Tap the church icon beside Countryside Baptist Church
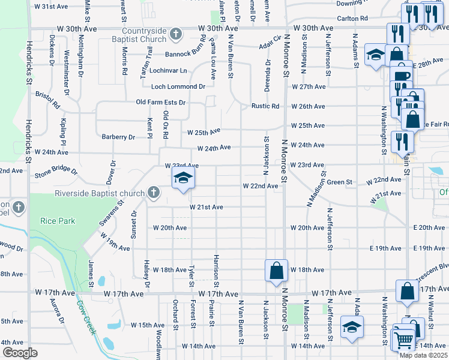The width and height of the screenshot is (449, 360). click(175, 34)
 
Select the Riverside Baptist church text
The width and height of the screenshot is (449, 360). click(99, 193)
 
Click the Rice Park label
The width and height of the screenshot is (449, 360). click(58, 221)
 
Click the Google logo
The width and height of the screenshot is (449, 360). click(20, 353)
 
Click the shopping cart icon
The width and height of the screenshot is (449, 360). click(402, 340)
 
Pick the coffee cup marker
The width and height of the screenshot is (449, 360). click(402, 76)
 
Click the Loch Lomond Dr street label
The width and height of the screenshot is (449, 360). click(178, 86)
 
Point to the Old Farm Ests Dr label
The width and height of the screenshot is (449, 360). click(161, 103)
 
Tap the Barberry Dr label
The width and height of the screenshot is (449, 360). click(118, 137)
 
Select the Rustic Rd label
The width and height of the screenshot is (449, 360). click(266, 107)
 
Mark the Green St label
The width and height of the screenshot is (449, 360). click(339, 182)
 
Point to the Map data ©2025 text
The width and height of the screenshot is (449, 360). click(423, 355)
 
